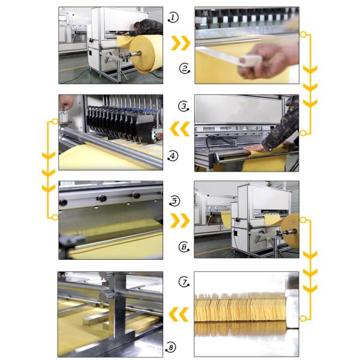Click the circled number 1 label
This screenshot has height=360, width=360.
pos(173,17)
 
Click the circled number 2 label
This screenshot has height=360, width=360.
pos(185,68)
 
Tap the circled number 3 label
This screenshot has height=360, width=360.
pos(184,106)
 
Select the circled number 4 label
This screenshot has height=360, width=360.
pos(173,156)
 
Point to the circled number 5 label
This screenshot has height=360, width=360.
pos(175,201)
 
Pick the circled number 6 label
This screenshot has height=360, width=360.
pos(184,247)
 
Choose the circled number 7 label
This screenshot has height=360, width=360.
pos(184,282)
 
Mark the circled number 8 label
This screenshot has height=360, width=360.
pos(171,347)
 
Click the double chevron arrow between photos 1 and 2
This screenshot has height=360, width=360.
pos(181,43)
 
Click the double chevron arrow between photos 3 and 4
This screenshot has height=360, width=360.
pos(180,129)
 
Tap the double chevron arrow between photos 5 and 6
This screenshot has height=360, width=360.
pos(180,221)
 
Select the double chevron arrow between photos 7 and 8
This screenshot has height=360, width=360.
pos(179,314)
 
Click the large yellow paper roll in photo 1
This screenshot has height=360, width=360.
pos(146,54)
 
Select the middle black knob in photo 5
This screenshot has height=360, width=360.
pos(102,198)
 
